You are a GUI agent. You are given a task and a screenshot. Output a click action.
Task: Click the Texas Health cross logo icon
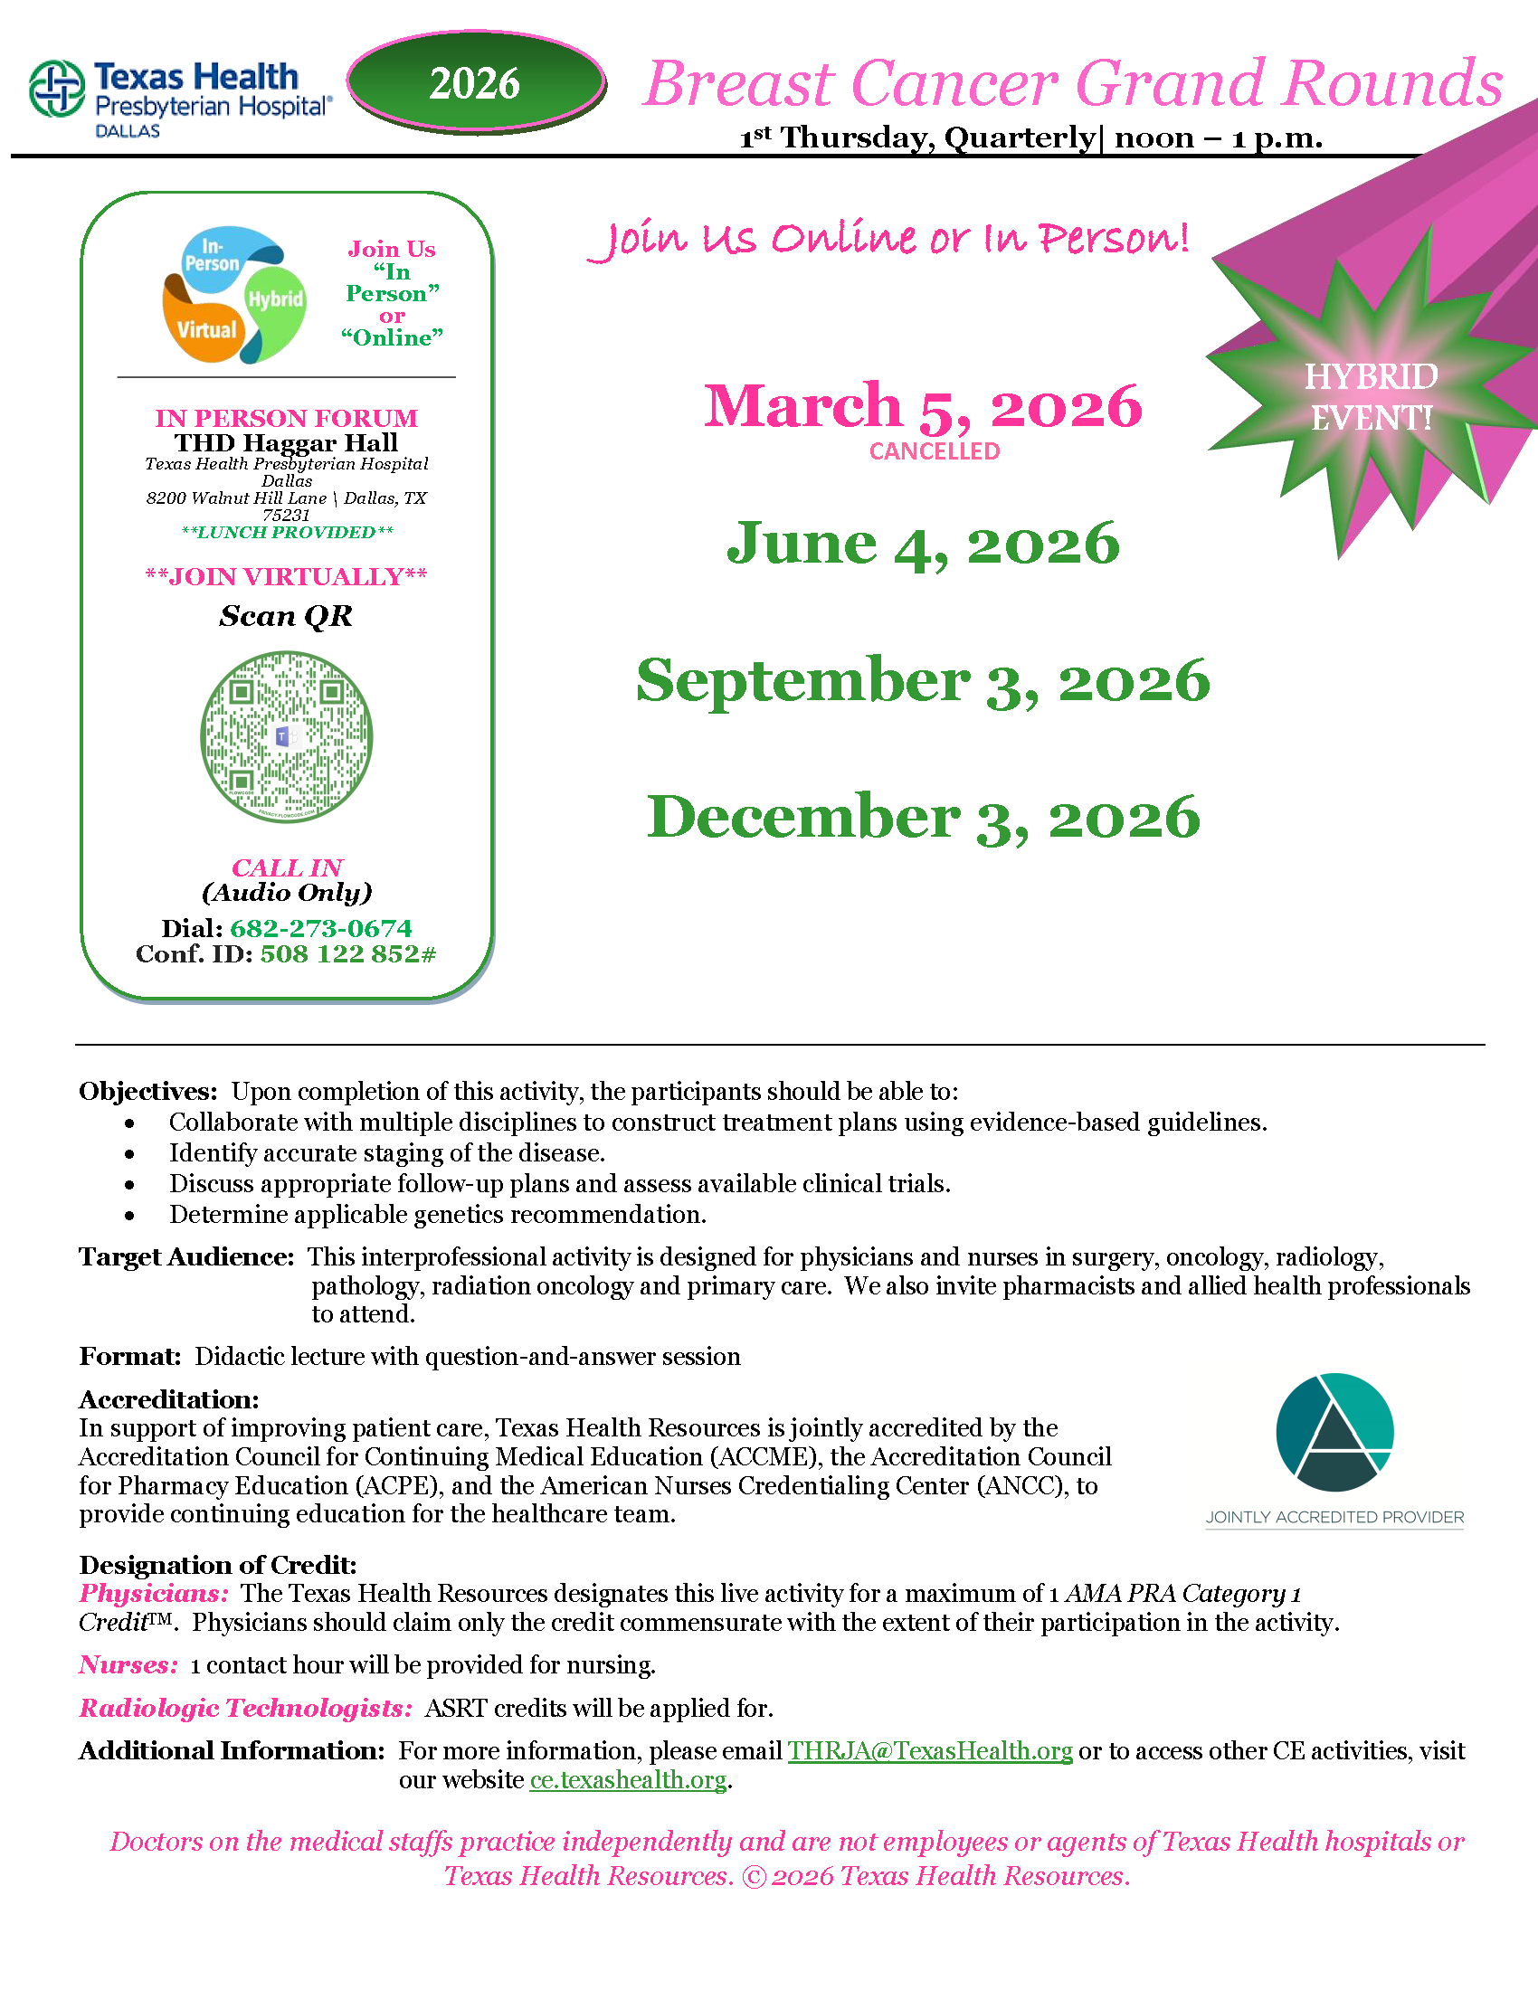click(x=56, y=89)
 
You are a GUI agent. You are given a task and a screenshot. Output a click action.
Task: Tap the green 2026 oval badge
click(x=475, y=83)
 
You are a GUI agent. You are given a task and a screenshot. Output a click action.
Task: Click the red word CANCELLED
click(x=934, y=451)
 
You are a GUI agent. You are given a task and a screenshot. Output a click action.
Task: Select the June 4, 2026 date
click(x=922, y=544)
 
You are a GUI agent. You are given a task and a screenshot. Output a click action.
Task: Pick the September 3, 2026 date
click(x=922, y=680)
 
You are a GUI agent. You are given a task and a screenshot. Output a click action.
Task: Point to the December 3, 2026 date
click(x=923, y=818)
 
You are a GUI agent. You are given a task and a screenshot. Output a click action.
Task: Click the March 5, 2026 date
click(x=922, y=405)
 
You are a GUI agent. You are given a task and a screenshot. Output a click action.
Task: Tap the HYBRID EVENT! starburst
click(x=1372, y=397)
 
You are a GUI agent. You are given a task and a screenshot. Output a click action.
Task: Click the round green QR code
click(x=286, y=736)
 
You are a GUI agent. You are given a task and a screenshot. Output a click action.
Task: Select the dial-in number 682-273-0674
click(x=321, y=928)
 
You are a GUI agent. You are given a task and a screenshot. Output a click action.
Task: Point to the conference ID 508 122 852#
click(x=348, y=954)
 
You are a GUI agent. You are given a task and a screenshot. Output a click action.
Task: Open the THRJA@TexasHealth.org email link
click(x=929, y=1751)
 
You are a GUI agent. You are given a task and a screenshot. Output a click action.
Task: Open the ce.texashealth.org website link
click(x=628, y=1779)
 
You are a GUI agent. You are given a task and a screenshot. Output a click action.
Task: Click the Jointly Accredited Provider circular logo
click(x=1334, y=1433)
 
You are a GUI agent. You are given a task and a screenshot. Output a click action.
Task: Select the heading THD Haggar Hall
click(x=286, y=443)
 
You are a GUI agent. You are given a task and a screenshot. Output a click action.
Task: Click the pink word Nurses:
click(x=128, y=1664)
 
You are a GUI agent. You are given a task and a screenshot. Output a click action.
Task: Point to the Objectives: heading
click(x=147, y=1091)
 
